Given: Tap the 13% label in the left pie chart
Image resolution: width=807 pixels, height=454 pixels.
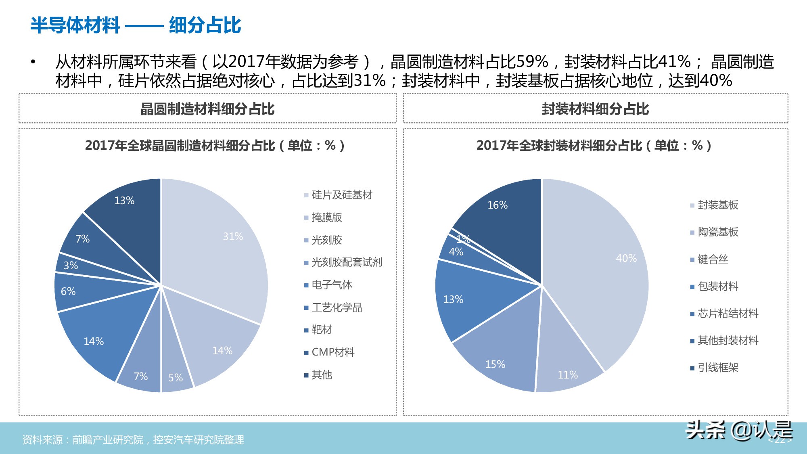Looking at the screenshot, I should (x=124, y=201).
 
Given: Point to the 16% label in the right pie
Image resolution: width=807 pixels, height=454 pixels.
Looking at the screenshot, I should (x=498, y=205).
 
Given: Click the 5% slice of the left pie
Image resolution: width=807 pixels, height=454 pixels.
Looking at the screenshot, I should (x=176, y=371).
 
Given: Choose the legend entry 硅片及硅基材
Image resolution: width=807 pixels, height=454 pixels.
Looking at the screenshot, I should (x=342, y=195).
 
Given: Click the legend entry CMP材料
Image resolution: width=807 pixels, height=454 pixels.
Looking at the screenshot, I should (x=333, y=352).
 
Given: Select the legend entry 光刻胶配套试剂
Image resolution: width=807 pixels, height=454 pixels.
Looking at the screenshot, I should (x=347, y=262).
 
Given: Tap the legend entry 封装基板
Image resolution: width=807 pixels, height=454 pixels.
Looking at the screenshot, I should (x=718, y=205).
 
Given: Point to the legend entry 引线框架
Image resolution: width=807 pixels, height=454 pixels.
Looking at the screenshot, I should (x=718, y=368).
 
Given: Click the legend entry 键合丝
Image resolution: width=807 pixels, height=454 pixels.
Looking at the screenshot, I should (x=713, y=259).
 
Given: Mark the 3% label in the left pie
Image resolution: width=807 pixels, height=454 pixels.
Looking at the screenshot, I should (x=71, y=266).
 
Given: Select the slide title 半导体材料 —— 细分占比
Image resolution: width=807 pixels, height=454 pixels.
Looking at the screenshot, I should (x=136, y=25).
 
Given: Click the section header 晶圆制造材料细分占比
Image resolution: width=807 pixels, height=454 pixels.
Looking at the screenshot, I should (x=207, y=109).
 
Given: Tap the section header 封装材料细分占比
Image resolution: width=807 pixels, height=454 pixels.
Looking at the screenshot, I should (x=595, y=109).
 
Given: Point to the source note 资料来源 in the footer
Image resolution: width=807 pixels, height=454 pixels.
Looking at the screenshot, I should (x=133, y=439).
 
